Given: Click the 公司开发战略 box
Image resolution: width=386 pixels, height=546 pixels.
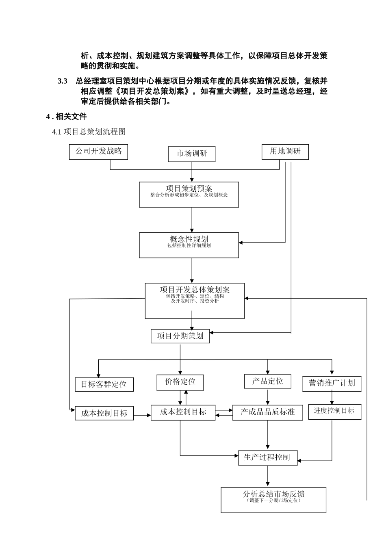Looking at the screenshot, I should (x=98, y=152).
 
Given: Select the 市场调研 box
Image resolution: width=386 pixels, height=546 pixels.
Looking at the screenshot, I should (x=192, y=154).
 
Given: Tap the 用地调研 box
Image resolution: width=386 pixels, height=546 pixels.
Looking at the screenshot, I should (x=285, y=152).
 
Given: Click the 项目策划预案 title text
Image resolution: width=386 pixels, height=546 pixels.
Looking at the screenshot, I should (x=189, y=188).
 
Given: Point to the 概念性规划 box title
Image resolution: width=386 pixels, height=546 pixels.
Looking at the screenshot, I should (x=189, y=239).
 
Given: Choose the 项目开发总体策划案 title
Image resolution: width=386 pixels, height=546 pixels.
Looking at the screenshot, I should (x=195, y=290).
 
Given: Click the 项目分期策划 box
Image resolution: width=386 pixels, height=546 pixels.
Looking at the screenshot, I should (x=180, y=336).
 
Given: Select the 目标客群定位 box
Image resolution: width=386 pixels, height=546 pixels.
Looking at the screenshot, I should (x=104, y=384).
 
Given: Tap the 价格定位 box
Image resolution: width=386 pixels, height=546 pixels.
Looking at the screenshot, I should (x=180, y=382).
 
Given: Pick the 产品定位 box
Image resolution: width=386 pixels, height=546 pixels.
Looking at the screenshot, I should (x=267, y=381).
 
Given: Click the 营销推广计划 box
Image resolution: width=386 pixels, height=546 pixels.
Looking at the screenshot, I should (x=332, y=383).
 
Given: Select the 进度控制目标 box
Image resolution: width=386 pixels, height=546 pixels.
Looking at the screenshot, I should (x=334, y=411).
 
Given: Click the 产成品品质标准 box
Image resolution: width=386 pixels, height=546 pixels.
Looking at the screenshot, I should (x=267, y=412).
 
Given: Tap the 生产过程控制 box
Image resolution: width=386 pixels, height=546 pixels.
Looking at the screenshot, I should (x=267, y=457).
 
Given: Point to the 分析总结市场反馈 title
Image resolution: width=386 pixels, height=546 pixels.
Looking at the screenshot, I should (x=273, y=494).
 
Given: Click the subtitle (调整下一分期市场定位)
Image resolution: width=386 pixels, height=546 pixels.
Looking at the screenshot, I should (x=273, y=500).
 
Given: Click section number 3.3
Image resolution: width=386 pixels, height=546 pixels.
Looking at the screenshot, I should (x=62, y=81).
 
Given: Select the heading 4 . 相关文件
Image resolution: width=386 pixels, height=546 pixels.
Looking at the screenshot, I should (x=66, y=117).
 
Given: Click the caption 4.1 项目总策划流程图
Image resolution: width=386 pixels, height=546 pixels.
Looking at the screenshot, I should (x=89, y=132).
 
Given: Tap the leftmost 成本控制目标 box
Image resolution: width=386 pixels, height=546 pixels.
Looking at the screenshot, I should (x=104, y=414).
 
